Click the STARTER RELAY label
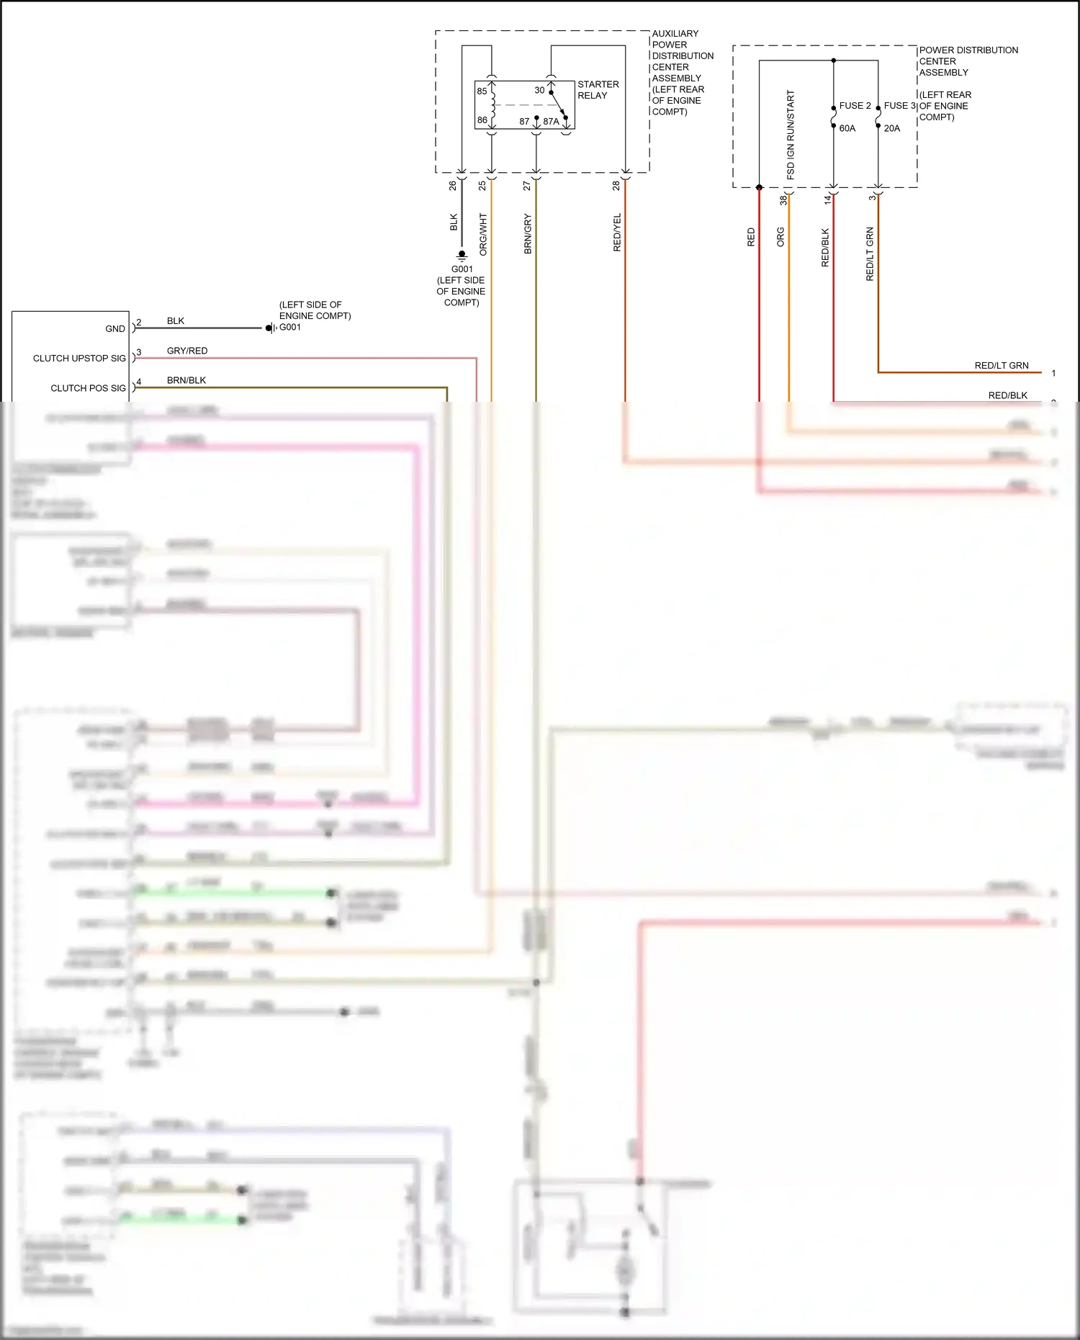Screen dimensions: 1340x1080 (598, 90)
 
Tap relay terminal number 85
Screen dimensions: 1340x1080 (482, 91)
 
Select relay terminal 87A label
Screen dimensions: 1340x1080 (551, 122)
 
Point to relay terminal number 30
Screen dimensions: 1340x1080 (539, 90)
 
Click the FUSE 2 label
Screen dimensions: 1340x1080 (855, 106)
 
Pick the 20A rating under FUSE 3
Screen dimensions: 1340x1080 (891, 128)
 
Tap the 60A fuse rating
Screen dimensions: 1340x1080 (847, 128)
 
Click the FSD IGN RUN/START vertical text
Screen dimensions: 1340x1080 (791, 135)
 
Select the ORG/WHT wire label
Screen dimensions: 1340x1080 (483, 234)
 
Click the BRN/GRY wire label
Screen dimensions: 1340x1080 (528, 233)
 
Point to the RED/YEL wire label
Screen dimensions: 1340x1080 (617, 232)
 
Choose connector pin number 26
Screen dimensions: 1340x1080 (452, 185)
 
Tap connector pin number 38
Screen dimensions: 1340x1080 (783, 199)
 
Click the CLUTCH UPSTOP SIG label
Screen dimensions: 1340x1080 (79, 359)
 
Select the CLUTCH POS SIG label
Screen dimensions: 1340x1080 (88, 388)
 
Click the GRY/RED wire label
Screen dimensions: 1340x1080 (187, 351)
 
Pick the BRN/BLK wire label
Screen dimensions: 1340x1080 (186, 380)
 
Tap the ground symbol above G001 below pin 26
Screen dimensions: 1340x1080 (462, 255)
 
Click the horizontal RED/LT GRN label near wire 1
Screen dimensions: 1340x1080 (1002, 366)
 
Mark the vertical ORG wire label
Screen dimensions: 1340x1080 (780, 237)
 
